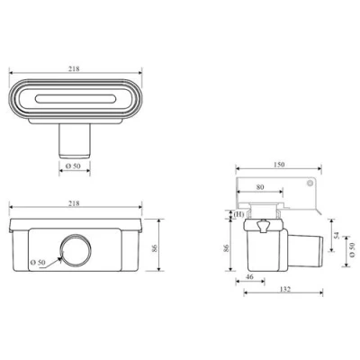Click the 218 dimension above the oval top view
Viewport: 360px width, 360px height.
tap(74, 68)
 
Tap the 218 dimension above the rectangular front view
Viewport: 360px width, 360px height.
tap(74, 203)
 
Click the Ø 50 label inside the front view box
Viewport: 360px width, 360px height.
tap(38, 262)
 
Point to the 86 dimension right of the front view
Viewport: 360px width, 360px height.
tap(155, 248)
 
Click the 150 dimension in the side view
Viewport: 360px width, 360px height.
tap(279, 165)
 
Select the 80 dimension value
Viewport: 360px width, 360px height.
tap(260, 187)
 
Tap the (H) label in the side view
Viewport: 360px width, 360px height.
tap(238, 214)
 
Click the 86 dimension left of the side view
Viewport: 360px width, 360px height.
tap(227, 247)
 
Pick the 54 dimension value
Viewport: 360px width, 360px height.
tap(337, 235)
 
